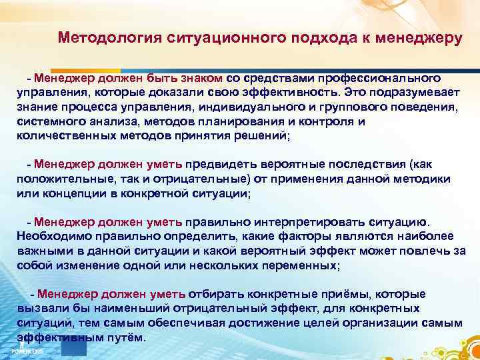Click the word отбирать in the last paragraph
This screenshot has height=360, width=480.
[211, 294]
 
